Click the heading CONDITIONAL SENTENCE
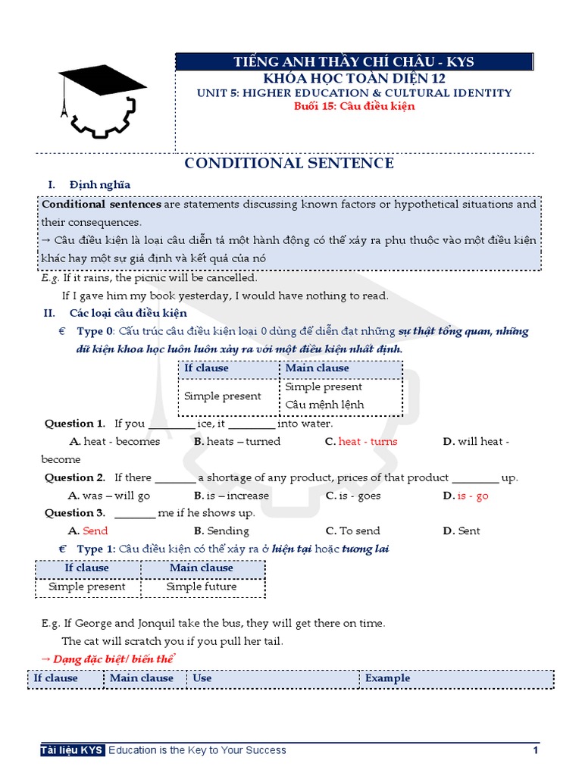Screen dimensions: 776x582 point(289,163)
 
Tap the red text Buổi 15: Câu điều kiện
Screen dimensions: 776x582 point(354,106)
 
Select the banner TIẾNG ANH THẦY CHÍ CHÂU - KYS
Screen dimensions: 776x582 point(354,61)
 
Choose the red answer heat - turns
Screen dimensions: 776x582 point(368,442)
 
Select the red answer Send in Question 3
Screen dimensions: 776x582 point(95,531)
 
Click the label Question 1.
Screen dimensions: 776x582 point(74,424)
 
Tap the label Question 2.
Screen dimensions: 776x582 point(74,477)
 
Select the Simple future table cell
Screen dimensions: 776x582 point(202,587)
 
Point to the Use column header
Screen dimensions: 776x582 point(202,678)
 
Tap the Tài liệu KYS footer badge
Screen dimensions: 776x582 point(73,750)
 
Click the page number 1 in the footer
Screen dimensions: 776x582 point(535,750)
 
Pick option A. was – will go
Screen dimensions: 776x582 point(109,496)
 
